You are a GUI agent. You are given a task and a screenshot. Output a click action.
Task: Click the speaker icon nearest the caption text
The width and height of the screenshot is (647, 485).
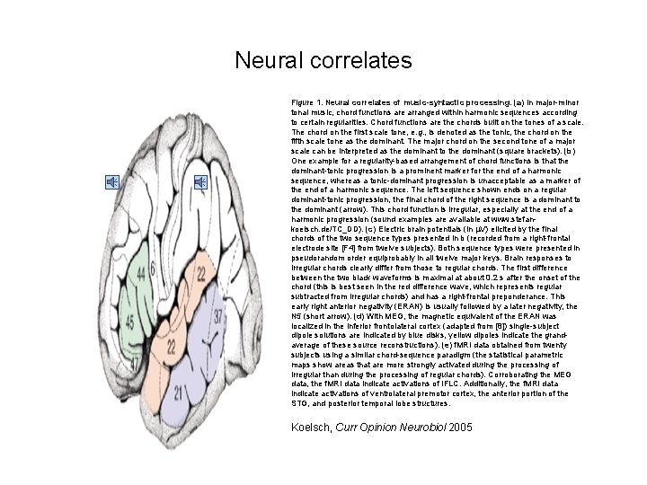199,183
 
